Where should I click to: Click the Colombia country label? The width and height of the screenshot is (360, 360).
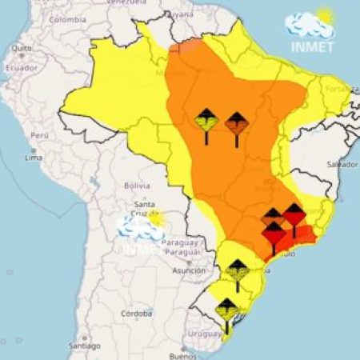(67, 19)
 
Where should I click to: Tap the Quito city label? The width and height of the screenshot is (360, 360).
(22, 48)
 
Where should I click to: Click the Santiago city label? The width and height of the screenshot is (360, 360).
(84, 346)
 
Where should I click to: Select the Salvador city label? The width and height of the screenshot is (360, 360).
(342, 164)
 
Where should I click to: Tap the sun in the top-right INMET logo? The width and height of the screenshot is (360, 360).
(325, 15)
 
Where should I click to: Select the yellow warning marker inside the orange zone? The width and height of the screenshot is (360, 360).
(206, 123)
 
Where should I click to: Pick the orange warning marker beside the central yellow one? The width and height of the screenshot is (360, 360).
(236, 126)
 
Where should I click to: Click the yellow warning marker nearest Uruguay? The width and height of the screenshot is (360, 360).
(227, 314)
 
